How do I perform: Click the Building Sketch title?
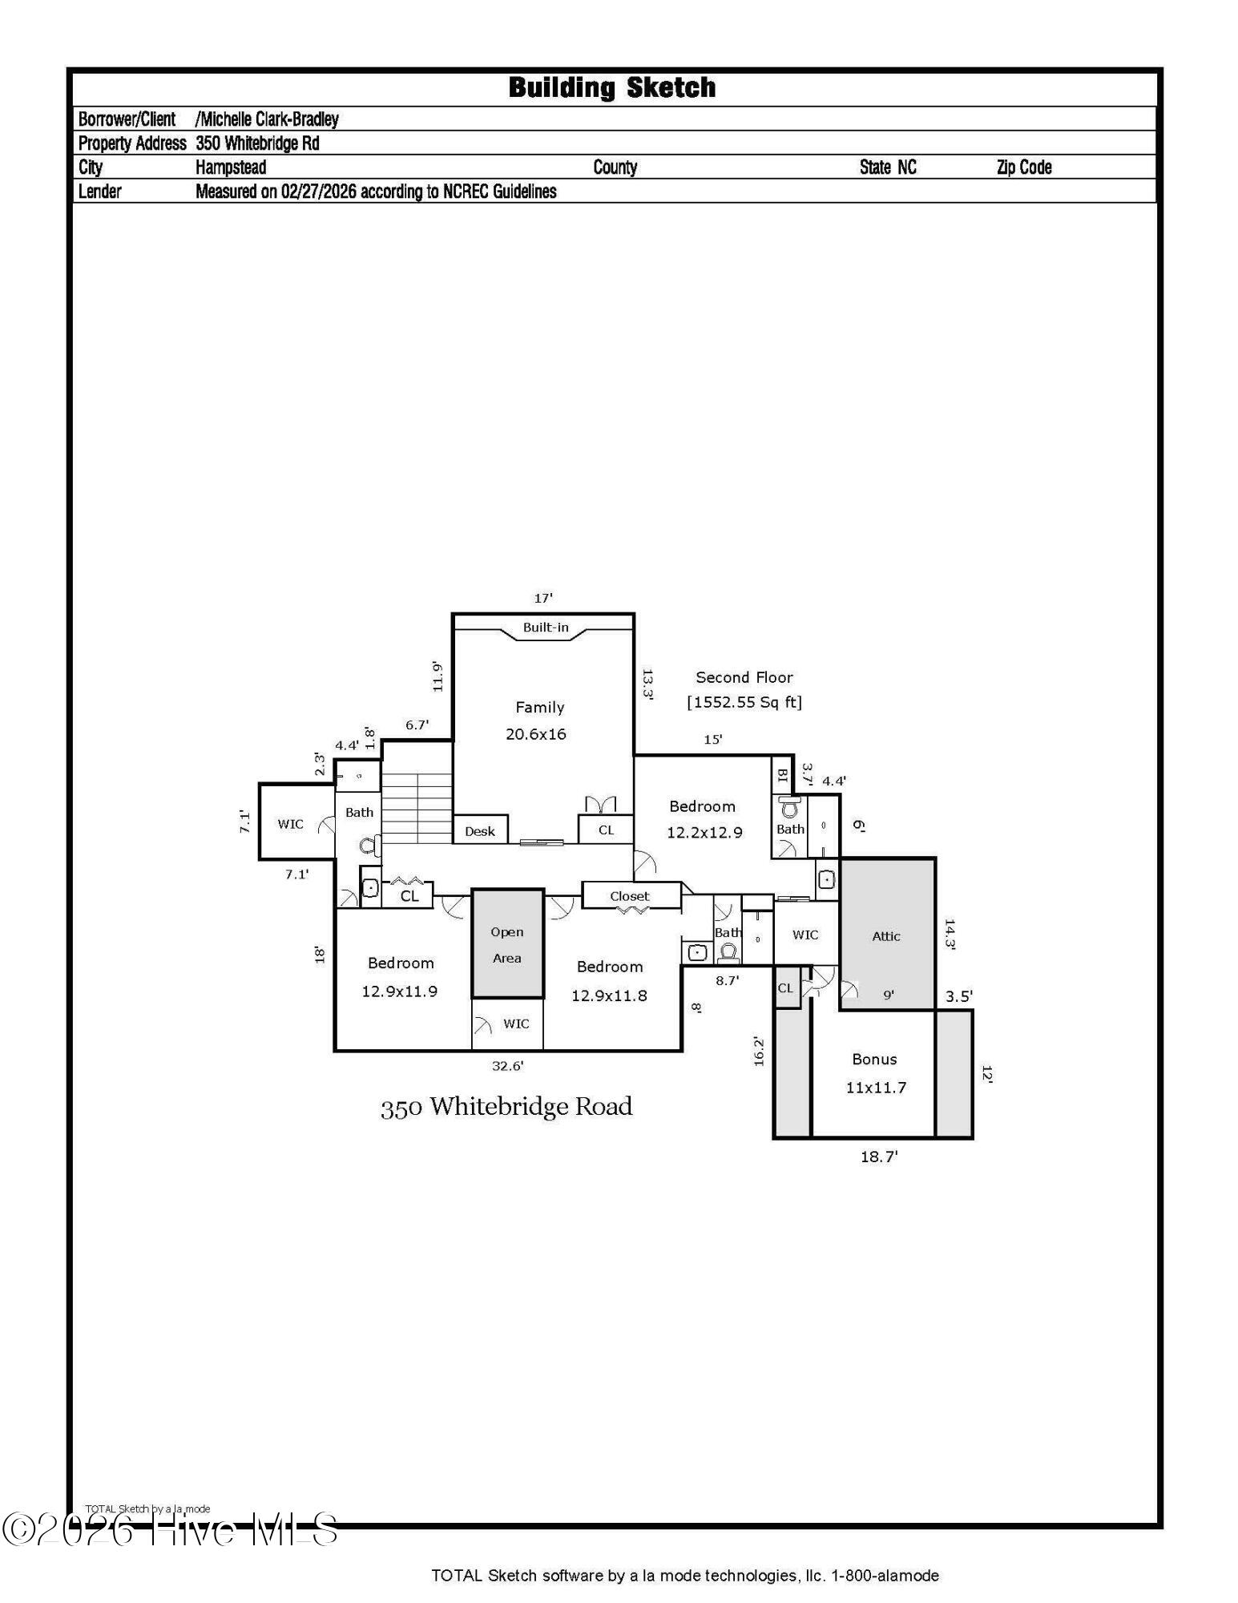tap(612, 87)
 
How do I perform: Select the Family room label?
tap(539, 707)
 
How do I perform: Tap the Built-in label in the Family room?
tap(546, 627)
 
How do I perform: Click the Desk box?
tap(480, 831)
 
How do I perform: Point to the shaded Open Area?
tap(507, 944)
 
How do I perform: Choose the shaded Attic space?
tap(886, 935)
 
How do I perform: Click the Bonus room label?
tap(874, 1059)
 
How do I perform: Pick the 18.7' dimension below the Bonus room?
tap(879, 1157)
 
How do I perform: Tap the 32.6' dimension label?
tap(507, 1065)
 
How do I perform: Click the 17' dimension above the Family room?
tap(543, 598)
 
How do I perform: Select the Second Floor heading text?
tap(744, 677)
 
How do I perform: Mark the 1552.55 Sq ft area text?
tap(744, 702)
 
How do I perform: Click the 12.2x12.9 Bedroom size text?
tap(704, 832)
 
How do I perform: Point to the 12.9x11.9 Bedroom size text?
tap(399, 991)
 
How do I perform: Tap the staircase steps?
tap(417, 807)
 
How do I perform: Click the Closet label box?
tap(630, 896)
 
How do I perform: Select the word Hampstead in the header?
tap(231, 168)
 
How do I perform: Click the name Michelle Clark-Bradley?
tap(268, 119)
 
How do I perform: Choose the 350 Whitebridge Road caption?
tap(506, 1107)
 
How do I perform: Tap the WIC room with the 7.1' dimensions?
tap(290, 823)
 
